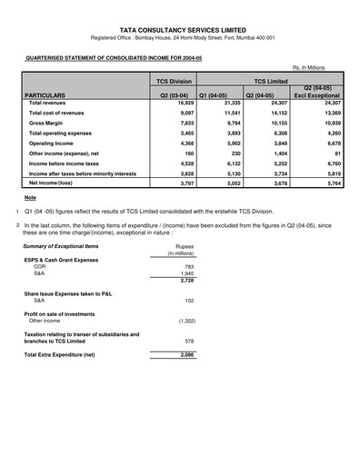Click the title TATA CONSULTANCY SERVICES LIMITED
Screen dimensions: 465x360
click(x=180, y=29)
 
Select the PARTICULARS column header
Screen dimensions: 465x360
click(x=46, y=94)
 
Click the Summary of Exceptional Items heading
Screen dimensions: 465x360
click(x=61, y=247)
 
